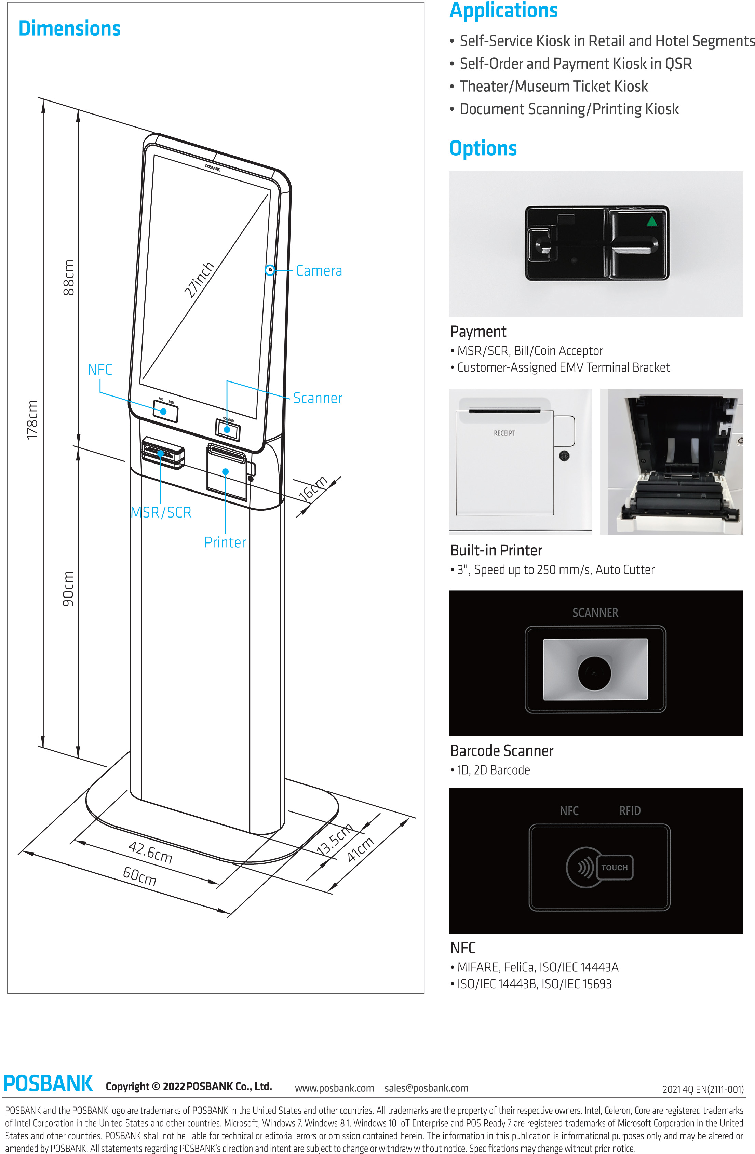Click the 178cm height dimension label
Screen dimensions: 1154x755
point(32,420)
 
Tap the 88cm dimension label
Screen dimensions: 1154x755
point(69,278)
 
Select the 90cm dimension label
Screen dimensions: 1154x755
point(68,589)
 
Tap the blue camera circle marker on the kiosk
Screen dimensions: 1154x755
point(270,270)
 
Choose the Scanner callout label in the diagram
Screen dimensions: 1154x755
point(318,399)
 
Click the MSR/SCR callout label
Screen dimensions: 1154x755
point(161,512)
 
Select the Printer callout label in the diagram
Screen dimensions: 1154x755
point(225,542)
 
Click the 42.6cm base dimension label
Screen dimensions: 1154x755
point(150,853)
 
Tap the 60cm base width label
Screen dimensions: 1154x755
point(140,876)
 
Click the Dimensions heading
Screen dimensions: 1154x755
point(69,29)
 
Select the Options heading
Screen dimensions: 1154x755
point(483,148)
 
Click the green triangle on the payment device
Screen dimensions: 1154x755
point(651,222)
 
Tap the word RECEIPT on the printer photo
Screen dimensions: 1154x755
point(504,433)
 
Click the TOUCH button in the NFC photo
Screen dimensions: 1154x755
point(615,868)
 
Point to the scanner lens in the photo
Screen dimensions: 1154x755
point(594,672)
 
